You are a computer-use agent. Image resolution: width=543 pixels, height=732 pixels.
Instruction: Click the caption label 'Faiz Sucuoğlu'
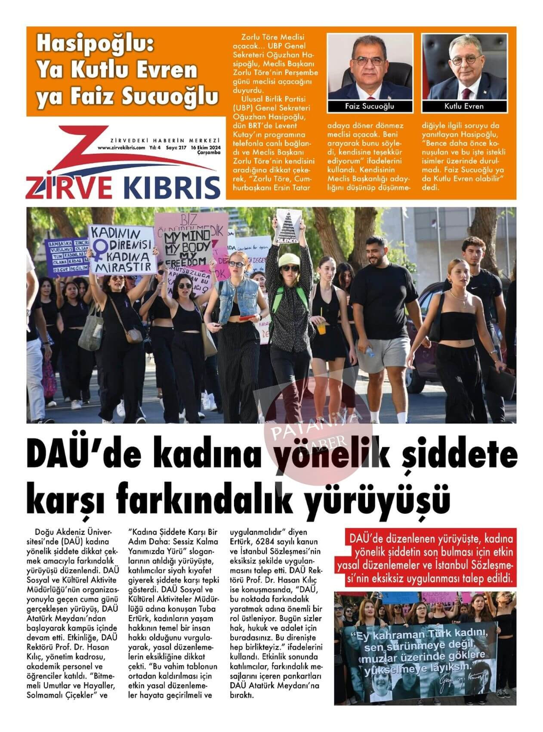coord(370,106)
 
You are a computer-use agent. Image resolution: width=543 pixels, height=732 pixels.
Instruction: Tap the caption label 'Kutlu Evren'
coord(464,106)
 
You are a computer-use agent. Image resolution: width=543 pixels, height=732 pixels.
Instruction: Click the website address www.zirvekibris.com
coord(121,147)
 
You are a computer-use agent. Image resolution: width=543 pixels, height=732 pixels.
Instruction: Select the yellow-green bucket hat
coord(288,260)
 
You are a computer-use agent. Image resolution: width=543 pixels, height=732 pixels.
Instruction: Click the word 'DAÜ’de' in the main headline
coord(73,454)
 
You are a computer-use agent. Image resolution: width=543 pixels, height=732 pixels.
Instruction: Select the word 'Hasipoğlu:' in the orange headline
coord(95,45)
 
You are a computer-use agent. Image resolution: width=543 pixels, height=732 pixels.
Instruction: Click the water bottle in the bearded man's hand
coord(369,351)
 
